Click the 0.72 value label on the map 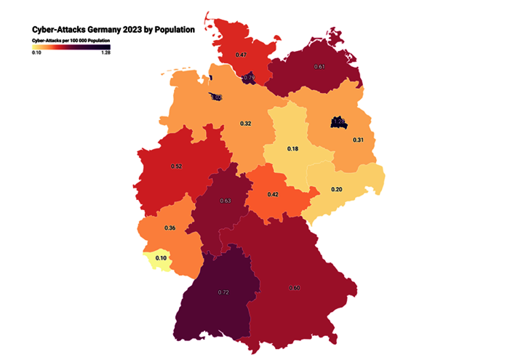click(223, 292)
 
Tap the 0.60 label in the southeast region click(295, 288)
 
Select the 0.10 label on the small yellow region click(162, 258)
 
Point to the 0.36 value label click(170, 228)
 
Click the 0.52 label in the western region click(176, 167)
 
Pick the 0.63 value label click(225, 201)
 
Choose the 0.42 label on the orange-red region click(273, 194)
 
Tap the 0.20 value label click(337, 189)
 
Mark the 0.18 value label click(292, 148)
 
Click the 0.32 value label click(246, 124)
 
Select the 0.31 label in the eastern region click(359, 140)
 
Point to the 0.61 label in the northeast click(319, 67)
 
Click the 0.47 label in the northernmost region click(242, 55)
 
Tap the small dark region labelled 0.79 click(249, 77)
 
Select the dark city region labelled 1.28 click(338, 121)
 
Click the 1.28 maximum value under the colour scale click(105, 52)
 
